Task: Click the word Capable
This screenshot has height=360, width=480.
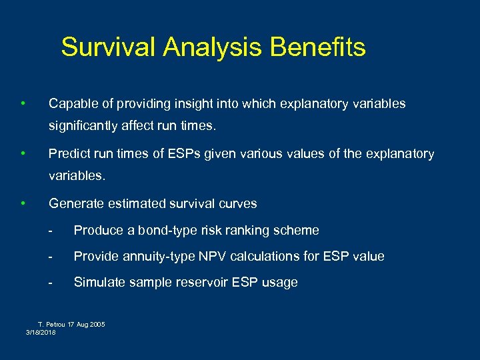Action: (73, 104)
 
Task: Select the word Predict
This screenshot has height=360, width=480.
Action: (70, 154)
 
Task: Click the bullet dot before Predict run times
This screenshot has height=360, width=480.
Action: (23, 153)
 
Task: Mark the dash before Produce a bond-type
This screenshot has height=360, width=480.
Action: (51, 231)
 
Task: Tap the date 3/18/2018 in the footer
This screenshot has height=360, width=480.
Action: (41, 332)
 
